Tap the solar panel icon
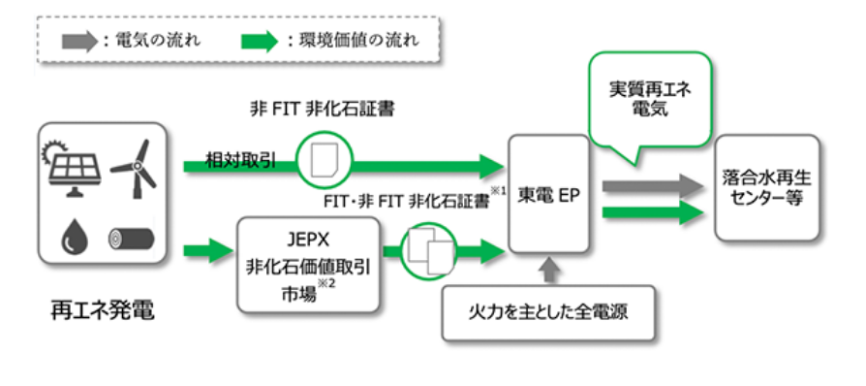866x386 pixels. tap(70, 166)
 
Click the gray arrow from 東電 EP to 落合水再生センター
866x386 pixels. tap(650, 184)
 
